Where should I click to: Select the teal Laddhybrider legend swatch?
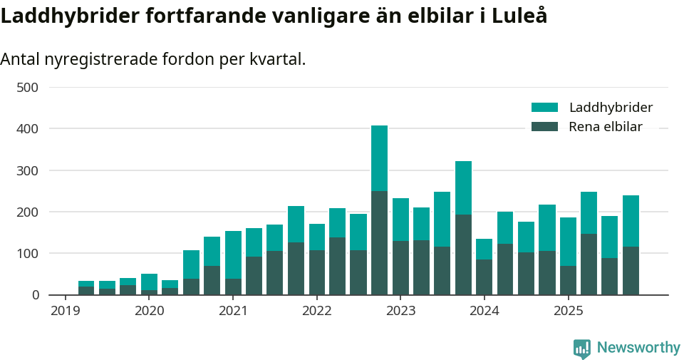544,108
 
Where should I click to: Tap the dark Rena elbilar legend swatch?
544,127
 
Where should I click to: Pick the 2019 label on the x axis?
65,311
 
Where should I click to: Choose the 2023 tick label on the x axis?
400,311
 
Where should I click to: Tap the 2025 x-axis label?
568,311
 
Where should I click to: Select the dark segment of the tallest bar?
379,242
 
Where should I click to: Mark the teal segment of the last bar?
631,221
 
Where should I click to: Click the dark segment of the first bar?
86,290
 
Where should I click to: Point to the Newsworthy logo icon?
582,349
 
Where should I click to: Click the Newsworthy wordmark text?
638,348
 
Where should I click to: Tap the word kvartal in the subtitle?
277,60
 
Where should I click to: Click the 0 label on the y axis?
34,294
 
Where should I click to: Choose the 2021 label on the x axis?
233,311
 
